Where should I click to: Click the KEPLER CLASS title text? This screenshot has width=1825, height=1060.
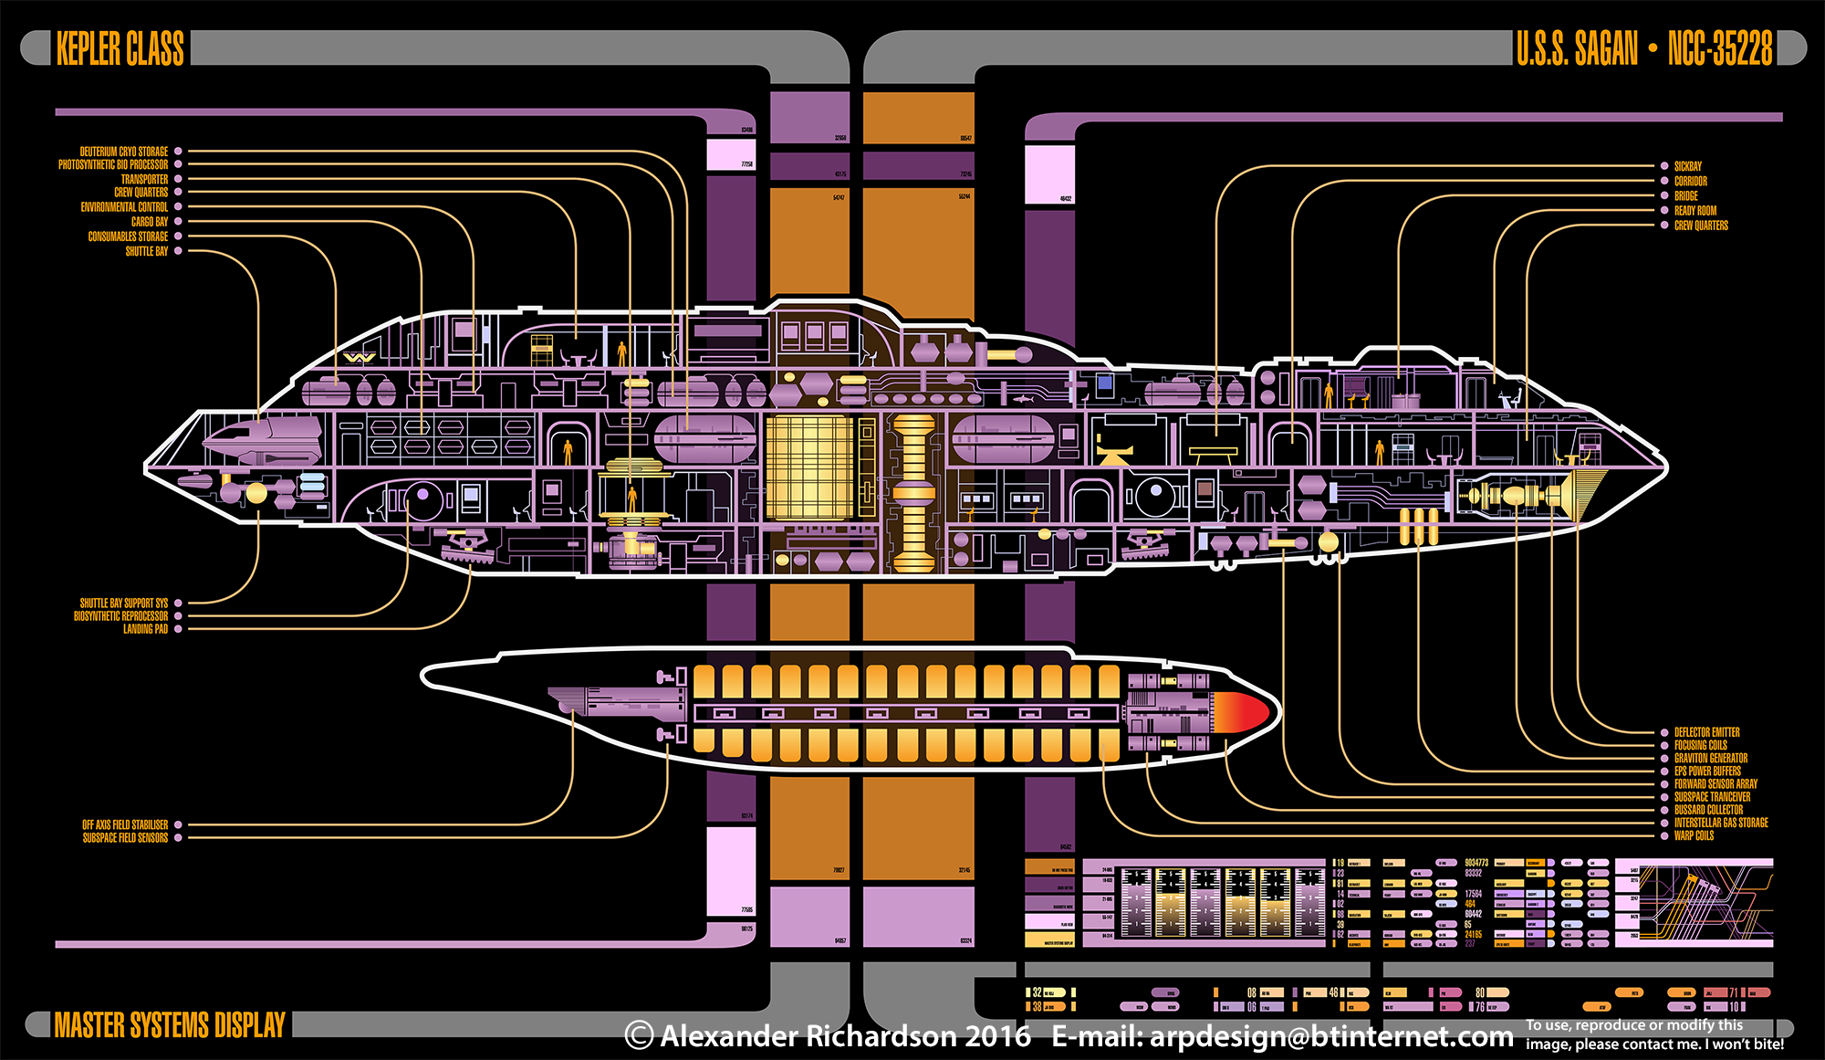coord(120,48)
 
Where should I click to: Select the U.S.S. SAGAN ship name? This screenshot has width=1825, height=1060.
coord(1577,48)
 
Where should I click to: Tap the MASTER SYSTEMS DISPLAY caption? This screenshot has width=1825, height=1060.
coord(170,1024)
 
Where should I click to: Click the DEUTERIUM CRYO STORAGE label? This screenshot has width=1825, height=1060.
coord(124,152)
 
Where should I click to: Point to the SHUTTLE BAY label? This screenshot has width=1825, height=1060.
coord(147,251)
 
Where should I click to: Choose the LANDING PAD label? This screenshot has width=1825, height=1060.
coord(146,629)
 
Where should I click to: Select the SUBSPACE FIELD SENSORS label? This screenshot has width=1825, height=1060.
coord(126,837)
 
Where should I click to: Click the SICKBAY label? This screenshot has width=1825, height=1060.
coord(1688,166)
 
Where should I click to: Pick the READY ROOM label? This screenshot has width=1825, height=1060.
coord(1695,210)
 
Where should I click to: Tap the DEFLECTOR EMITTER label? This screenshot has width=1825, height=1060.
coord(1706,732)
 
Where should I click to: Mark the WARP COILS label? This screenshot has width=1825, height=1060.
coord(1694,835)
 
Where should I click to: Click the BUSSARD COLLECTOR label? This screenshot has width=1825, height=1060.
coord(1708,810)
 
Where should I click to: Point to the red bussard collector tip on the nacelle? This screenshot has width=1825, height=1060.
coord(1246,712)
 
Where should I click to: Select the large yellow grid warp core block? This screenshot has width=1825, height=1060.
coord(808,467)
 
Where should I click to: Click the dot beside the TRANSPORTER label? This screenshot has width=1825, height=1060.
coord(178,179)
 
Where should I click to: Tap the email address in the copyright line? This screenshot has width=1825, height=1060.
coord(1282,1037)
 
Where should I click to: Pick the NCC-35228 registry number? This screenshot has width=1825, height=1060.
coord(1720,48)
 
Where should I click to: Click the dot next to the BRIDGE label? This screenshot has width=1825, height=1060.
coord(1664,195)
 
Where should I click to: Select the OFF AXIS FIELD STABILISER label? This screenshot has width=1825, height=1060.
coord(125,824)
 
